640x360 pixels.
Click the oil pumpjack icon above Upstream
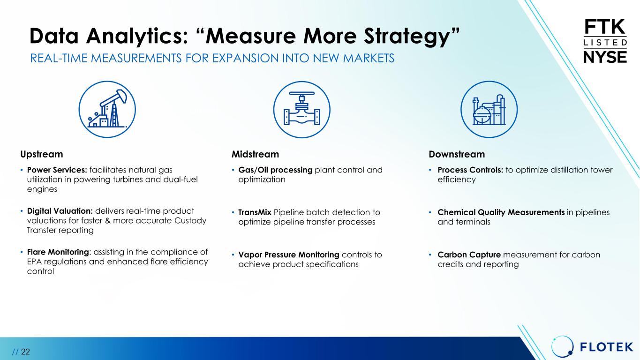point(107,109)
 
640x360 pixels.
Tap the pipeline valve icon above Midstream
point(302,109)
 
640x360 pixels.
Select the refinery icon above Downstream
point(489,109)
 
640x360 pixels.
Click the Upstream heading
point(42,155)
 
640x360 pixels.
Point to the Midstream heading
point(255,154)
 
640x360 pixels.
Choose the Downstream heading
point(457,154)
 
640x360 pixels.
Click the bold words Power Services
point(57,170)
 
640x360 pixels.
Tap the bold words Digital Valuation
point(60,211)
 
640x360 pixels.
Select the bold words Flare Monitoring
point(58,252)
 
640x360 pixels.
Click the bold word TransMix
point(255,212)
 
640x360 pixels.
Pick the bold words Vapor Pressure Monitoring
point(289,255)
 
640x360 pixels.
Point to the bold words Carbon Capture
point(469,255)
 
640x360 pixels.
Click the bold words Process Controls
point(470,170)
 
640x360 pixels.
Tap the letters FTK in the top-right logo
point(605,27)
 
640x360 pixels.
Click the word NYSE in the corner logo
point(605,57)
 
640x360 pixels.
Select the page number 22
point(25,352)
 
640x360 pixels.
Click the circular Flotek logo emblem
point(562,346)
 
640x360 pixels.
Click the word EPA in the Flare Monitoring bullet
point(34,262)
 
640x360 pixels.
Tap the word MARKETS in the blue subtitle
point(369,58)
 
